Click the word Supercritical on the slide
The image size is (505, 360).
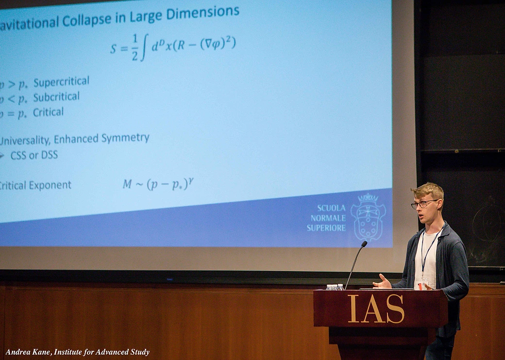point(61,82)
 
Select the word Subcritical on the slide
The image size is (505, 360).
point(56,97)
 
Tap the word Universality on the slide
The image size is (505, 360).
point(24,140)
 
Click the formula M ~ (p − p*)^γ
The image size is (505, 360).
point(158,184)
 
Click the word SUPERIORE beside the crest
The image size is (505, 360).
point(326,228)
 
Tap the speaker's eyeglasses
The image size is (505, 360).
point(424,204)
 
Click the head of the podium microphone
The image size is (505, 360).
point(364,244)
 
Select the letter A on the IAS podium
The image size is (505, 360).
point(374,309)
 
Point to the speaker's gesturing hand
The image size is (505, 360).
point(383,282)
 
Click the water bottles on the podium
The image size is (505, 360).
point(336,287)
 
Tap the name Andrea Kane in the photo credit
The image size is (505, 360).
point(28,352)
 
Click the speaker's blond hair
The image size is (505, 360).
point(428,190)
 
